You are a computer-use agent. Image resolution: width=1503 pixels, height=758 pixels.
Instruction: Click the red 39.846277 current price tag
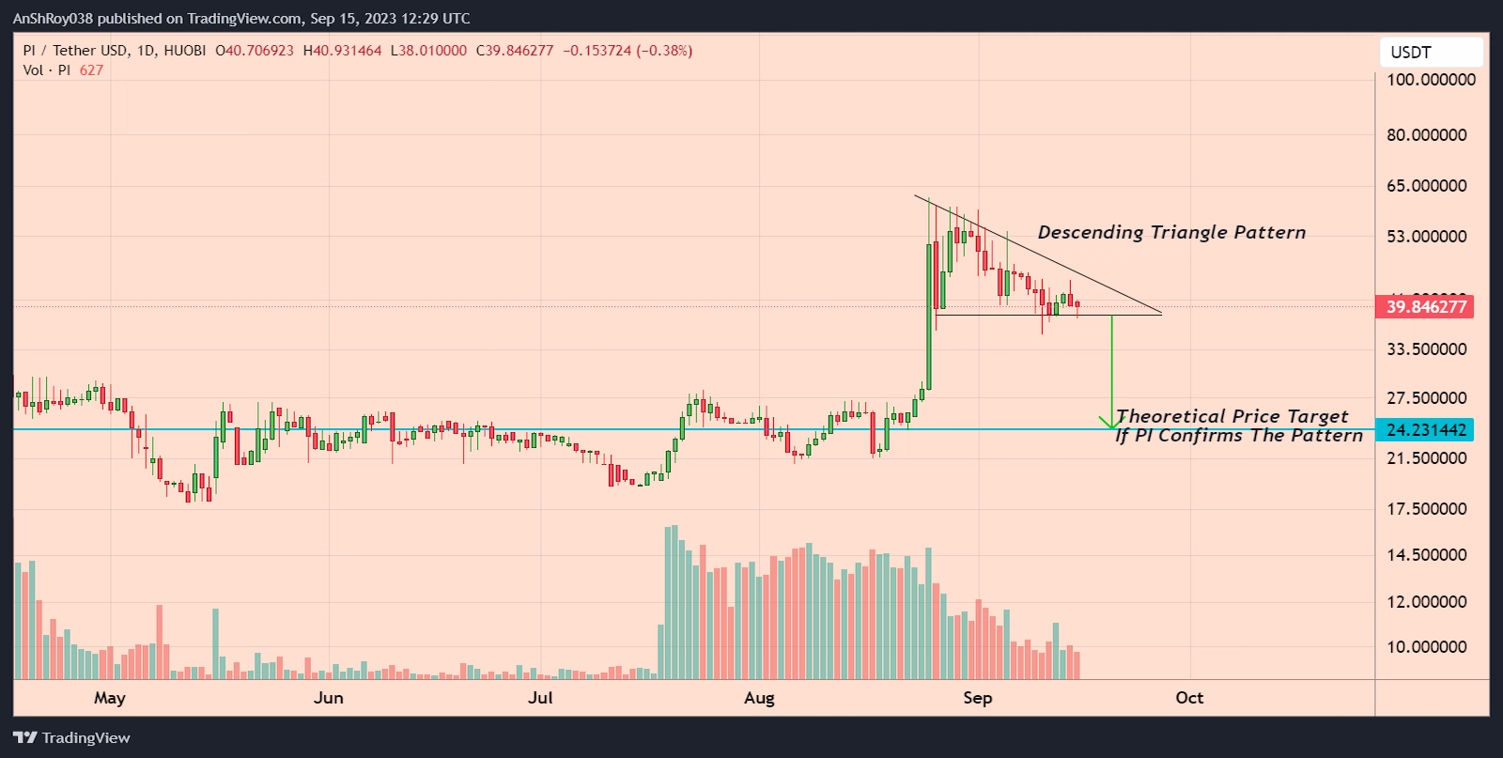click(1424, 307)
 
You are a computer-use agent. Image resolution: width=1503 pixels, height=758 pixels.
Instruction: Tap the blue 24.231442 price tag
click(1424, 430)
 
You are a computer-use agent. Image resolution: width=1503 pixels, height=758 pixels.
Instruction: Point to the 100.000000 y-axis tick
click(1431, 80)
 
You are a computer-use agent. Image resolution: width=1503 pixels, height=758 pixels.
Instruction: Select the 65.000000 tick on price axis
click(1426, 186)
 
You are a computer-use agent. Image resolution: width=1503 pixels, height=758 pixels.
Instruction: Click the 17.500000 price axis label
click(1426, 509)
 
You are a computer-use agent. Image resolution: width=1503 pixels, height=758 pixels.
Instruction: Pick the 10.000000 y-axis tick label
click(1426, 647)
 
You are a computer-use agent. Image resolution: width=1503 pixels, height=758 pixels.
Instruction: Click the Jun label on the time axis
click(329, 698)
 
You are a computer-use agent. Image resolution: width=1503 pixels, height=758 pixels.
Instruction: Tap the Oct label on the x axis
click(1189, 698)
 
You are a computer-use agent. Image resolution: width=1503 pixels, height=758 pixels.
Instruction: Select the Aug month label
click(759, 698)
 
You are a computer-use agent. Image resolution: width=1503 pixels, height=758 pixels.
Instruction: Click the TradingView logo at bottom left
click(72, 737)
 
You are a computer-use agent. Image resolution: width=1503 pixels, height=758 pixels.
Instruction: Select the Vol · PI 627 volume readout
click(63, 70)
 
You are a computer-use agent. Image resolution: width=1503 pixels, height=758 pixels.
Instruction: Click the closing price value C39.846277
click(515, 51)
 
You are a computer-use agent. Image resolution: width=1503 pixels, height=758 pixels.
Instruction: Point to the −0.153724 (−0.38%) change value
click(628, 51)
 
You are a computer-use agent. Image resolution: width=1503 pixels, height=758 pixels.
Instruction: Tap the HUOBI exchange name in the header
click(184, 51)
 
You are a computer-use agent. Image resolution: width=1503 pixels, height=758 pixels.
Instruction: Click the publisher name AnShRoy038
click(53, 19)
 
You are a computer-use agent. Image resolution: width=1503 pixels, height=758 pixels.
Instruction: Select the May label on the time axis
click(110, 698)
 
